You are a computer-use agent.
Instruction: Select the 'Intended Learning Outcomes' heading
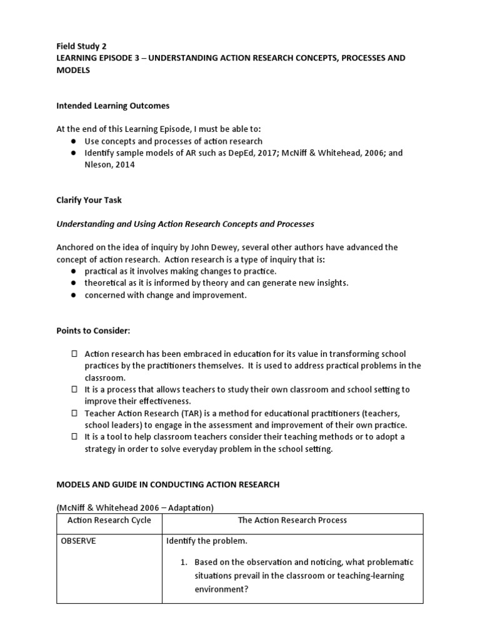coord(112,106)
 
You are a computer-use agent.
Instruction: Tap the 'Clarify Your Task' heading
coord(89,200)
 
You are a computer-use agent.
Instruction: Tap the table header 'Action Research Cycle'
coord(109,520)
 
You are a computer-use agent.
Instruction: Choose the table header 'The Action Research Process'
coord(292,520)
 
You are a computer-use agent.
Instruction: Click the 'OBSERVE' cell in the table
coord(78,541)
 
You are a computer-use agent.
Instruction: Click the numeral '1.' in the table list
coord(184,562)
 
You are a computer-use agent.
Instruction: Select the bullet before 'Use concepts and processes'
coord(72,141)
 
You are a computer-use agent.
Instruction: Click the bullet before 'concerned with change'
coord(72,295)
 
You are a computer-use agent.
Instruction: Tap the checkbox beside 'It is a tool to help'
coord(72,437)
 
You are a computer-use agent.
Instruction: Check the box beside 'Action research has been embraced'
coord(72,354)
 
